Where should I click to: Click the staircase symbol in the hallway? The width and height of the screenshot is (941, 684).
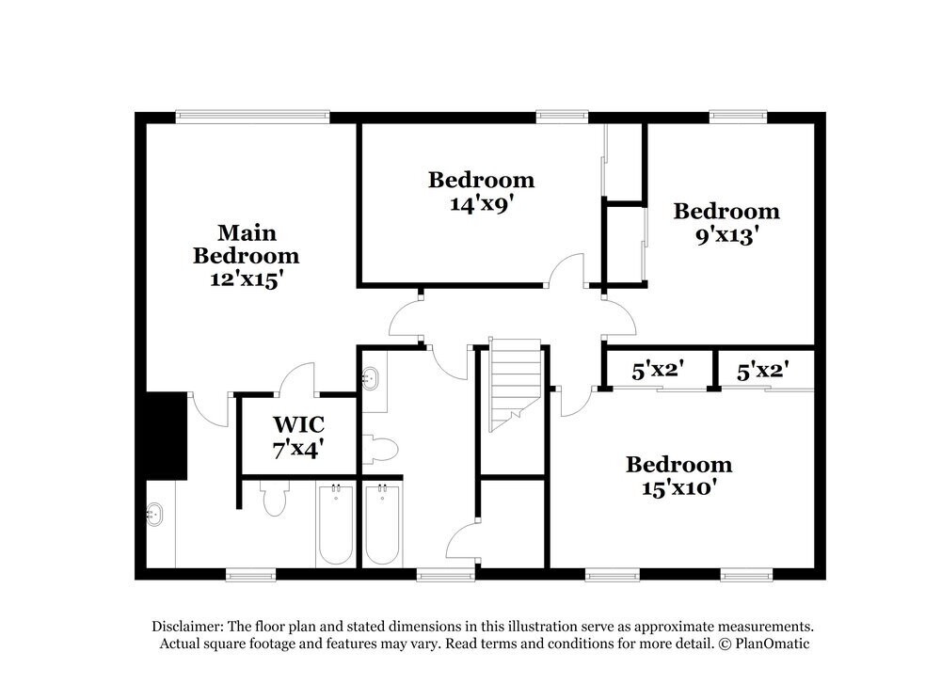(512, 385)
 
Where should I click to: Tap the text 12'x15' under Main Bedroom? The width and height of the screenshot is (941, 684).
(247, 279)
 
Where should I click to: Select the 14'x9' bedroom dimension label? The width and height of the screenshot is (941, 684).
(481, 203)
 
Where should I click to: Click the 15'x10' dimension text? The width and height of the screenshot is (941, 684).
(678, 488)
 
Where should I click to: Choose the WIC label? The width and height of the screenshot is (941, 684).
(298, 425)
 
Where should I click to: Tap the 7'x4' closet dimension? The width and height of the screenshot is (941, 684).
(298, 449)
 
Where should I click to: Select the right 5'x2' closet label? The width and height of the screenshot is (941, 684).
(762, 371)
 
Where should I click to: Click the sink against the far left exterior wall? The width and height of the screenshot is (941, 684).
(154, 515)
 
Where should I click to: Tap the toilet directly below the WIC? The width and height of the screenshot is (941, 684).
(274, 500)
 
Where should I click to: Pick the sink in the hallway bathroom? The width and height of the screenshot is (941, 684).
(371, 379)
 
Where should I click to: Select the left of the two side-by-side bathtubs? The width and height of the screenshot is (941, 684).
(334, 524)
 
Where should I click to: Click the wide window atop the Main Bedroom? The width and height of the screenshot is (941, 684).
(252, 118)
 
